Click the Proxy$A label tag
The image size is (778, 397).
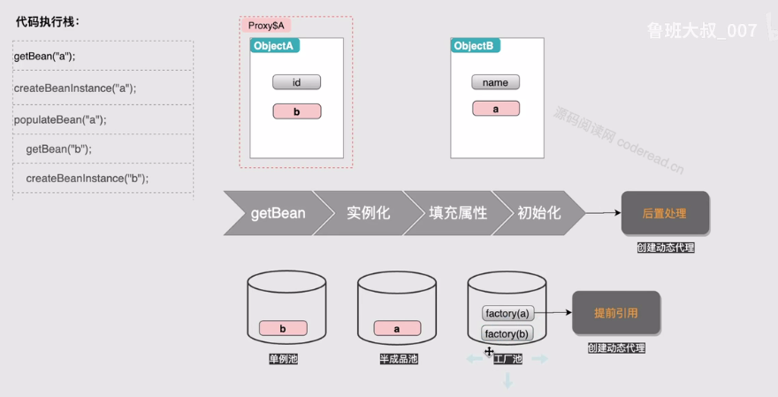(x=265, y=26)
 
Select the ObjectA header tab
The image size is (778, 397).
(x=275, y=46)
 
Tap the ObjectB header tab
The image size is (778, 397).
(x=476, y=46)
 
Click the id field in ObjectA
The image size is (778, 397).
(x=296, y=82)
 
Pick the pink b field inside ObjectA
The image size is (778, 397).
(x=296, y=111)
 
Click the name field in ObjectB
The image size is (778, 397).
(x=495, y=82)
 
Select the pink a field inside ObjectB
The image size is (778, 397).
(x=495, y=109)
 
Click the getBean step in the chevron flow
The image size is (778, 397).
(x=277, y=213)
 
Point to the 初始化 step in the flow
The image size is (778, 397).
(x=539, y=213)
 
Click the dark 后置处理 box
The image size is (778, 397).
(x=665, y=213)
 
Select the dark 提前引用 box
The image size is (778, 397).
(x=616, y=312)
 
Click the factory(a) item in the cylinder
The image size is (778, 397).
(x=507, y=313)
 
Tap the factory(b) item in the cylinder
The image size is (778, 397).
(x=507, y=333)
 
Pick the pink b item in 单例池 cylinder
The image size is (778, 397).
(x=283, y=328)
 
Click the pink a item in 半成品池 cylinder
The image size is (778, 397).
(x=396, y=328)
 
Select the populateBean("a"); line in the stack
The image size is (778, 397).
(x=54, y=119)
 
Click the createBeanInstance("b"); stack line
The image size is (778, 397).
(x=87, y=178)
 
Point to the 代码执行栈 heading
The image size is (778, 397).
(x=48, y=22)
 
